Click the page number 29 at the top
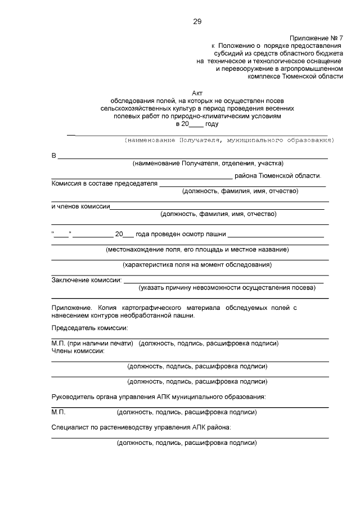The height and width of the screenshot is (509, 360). [197, 22]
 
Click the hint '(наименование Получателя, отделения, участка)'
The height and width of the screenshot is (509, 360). [208, 164]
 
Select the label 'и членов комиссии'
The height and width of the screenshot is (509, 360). [80, 206]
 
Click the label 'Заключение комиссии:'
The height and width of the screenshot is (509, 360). [87, 280]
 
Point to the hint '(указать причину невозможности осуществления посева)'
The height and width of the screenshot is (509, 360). [227, 287]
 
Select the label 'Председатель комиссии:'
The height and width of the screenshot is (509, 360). [90, 328]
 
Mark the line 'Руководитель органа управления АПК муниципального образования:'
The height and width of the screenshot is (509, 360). [159, 397]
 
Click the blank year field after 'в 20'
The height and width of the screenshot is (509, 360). [197, 124]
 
